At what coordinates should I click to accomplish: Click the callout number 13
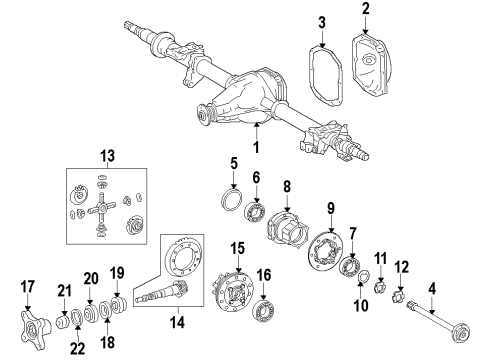click(107, 156)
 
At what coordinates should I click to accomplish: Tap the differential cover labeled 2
click(372, 64)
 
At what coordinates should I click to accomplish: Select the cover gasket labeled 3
click(325, 76)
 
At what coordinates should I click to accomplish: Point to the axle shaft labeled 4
click(438, 321)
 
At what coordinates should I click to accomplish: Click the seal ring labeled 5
click(231, 200)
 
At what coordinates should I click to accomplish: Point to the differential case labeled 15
click(233, 292)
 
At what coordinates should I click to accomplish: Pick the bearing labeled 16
click(264, 311)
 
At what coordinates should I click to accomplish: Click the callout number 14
click(177, 322)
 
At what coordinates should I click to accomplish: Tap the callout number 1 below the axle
click(256, 147)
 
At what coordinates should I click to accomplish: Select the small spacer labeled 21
click(63, 322)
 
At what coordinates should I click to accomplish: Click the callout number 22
click(77, 348)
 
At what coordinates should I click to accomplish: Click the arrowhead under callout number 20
click(90, 302)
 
